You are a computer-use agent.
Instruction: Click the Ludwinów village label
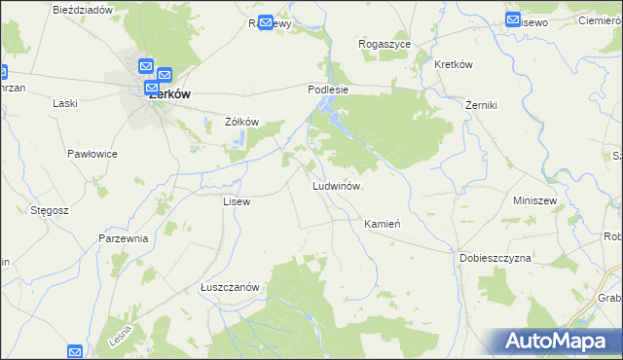(337, 185)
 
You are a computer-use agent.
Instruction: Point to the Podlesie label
(328, 89)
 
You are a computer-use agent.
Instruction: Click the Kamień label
(383, 224)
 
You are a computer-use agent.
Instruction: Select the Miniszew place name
(533, 200)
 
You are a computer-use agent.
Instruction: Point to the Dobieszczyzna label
(495, 258)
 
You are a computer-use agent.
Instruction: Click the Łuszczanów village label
(229, 287)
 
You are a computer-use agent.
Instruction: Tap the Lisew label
(237, 201)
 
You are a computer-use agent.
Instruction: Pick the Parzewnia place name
(123, 238)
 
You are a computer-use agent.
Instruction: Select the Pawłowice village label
(92, 154)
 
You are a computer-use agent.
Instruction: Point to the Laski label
(65, 103)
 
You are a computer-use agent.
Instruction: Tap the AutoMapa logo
(557, 341)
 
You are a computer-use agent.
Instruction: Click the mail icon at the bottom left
(76, 351)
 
